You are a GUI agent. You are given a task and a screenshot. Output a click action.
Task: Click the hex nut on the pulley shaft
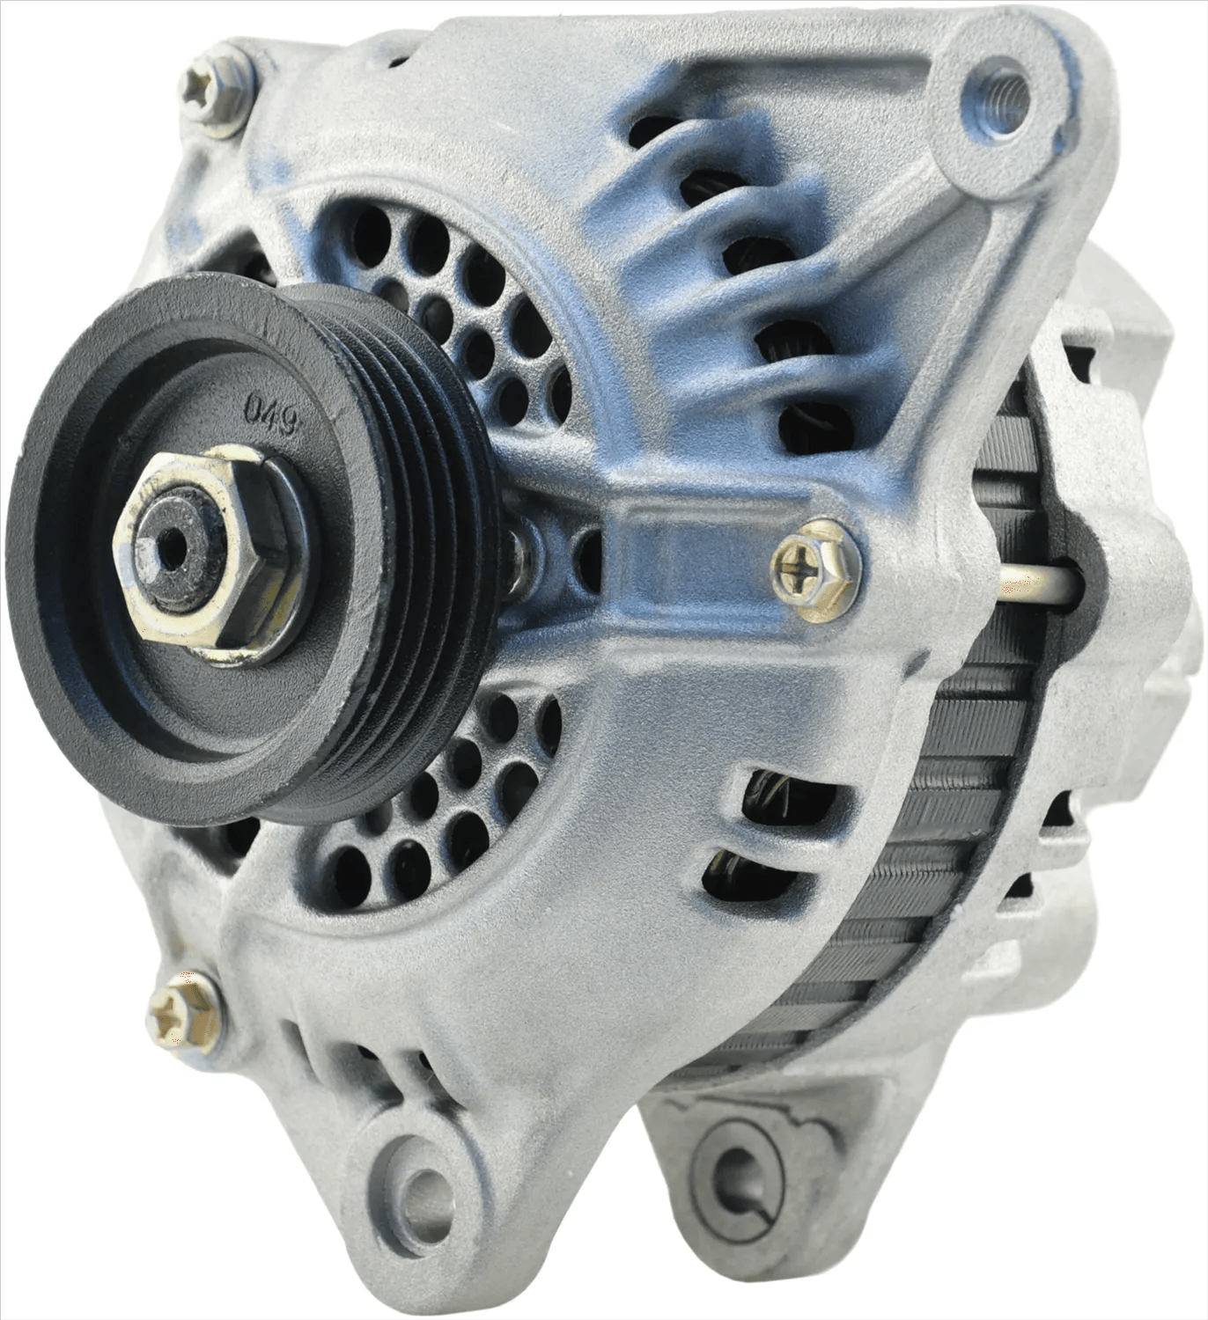[x=210, y=554]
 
